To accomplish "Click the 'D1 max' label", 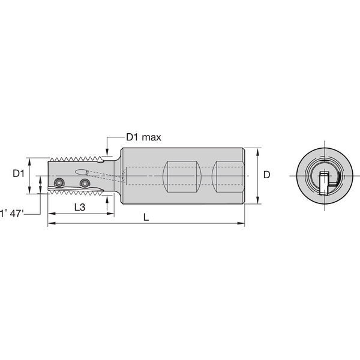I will pyautogui.click(x=143, y=137).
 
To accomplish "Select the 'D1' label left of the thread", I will pyautogui.click(x=19, y=173).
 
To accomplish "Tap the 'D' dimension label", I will pyautogui.click(x=267, y=175).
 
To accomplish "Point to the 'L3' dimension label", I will pyautogui.click(x=79, y=207).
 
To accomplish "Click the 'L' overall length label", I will pyautogui.click(x=146, y=217).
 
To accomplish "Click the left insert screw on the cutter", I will pyautogui.click(x=58, y=183).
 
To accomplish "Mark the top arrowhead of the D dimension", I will pyautogui.click(x=257, y=150).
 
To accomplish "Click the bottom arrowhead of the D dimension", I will pyautogui.click(x=257, y=202).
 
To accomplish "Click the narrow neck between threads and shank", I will pyautogui.click(x=116, y=175).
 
